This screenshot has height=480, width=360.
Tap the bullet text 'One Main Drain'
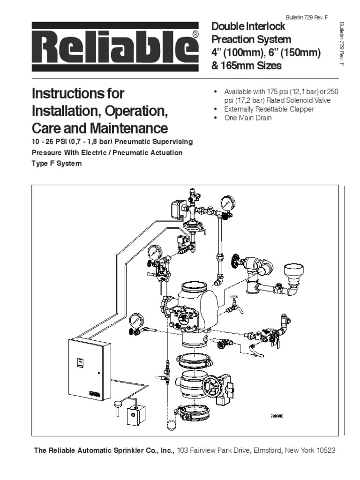pyautogui.click(x=248, y=118)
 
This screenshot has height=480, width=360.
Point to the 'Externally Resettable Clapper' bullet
pyautogui.click(x=270, y=109)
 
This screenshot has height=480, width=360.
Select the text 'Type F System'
pyautogui.click(x=57, y=164)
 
